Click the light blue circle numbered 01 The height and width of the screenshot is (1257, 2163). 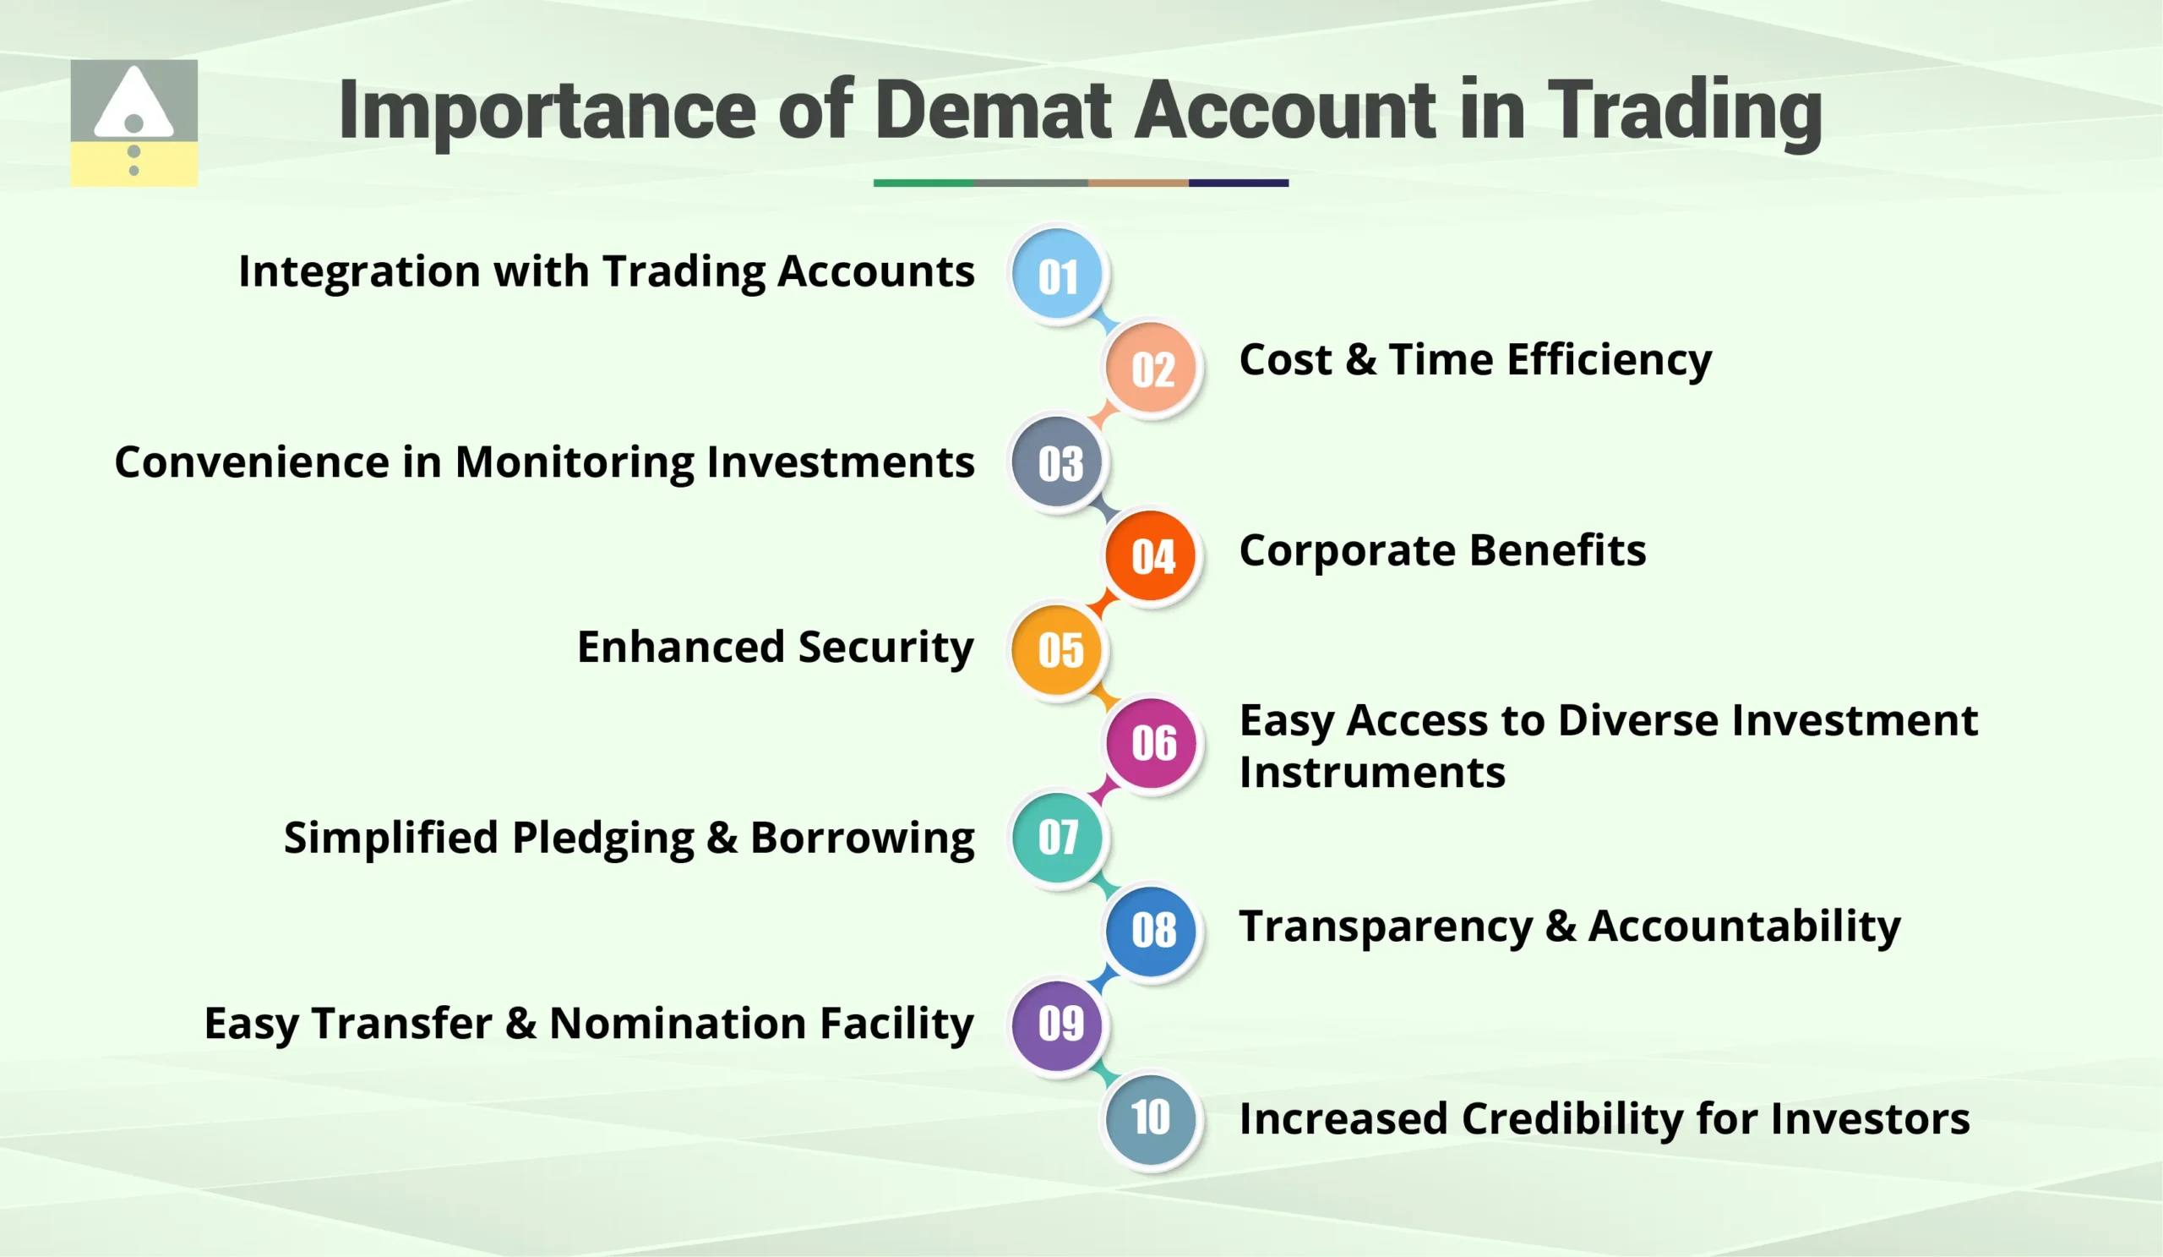tap(1057, 276)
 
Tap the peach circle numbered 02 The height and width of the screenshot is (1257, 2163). tap(1151, 369)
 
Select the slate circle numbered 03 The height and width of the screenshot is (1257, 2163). tap(1057, 462)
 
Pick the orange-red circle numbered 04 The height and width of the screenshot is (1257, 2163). tap(1151, 555)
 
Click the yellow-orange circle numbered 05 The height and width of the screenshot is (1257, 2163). tap(1057, 649)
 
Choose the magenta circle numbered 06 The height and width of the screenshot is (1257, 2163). tap(1151, 743)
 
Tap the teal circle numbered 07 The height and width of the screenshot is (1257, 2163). tap(1057, 836)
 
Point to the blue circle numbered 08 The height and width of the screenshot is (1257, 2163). tap(1151, 930)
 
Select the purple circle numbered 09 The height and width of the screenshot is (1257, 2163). tap(1057, 1024)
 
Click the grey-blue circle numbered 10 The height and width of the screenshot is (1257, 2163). tap(1151, 1117)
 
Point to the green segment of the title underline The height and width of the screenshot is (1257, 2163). tap(923, 183)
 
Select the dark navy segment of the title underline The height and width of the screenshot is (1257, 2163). tap(1238, 183)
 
